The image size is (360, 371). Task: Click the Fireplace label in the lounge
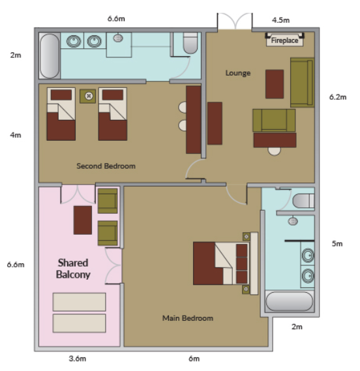[284, 40]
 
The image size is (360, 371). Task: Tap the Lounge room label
[238, 73]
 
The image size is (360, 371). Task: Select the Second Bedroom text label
[106, 166]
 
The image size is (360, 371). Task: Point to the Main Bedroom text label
[188, 318]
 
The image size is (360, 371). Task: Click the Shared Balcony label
[73, 269]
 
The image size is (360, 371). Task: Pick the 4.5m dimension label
[280, 20]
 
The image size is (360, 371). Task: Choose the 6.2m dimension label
[338, 97]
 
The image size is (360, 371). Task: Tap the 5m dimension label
[337, 243]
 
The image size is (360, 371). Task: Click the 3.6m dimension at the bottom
[78, 359]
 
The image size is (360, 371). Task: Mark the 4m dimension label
[16, 135]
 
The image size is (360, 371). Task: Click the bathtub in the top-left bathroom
[50, 56]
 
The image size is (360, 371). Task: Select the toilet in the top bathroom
[190, 43]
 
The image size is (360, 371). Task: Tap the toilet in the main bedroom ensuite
[303, 201]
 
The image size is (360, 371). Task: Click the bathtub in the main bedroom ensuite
[290, 301]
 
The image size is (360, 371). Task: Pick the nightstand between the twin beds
[87, 96]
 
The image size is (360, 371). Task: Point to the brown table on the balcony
[83, 220]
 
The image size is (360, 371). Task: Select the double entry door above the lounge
[235, 22]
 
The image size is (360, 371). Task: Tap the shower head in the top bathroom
[118, 38]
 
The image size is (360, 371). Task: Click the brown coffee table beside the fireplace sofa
[275, 84]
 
